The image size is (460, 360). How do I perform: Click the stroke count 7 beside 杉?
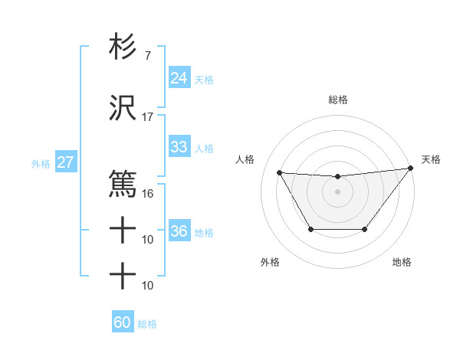(147, 55)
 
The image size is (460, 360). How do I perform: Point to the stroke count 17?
(148, 117)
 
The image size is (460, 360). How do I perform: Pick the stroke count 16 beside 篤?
(148, 193)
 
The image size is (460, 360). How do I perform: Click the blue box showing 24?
(179, 78)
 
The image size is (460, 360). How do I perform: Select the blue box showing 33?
(179, 147)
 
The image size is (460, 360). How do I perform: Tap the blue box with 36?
(179, 231)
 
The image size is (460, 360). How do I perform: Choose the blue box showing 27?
(65, 162)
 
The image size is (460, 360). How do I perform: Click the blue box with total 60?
(123, 322)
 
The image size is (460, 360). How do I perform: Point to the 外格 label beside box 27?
(41, 163)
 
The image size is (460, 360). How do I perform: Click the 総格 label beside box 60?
(148, 324)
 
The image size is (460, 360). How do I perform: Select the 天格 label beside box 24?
(204, 79)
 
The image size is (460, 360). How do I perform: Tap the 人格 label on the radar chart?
(245, 159)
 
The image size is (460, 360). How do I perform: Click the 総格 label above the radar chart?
(338, 100)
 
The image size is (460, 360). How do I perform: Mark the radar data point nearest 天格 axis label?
(411, 169)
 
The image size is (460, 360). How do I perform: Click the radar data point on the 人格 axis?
(280, 172)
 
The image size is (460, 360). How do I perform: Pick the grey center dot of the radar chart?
(337, 191)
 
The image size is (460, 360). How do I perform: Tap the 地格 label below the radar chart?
(402, 263)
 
